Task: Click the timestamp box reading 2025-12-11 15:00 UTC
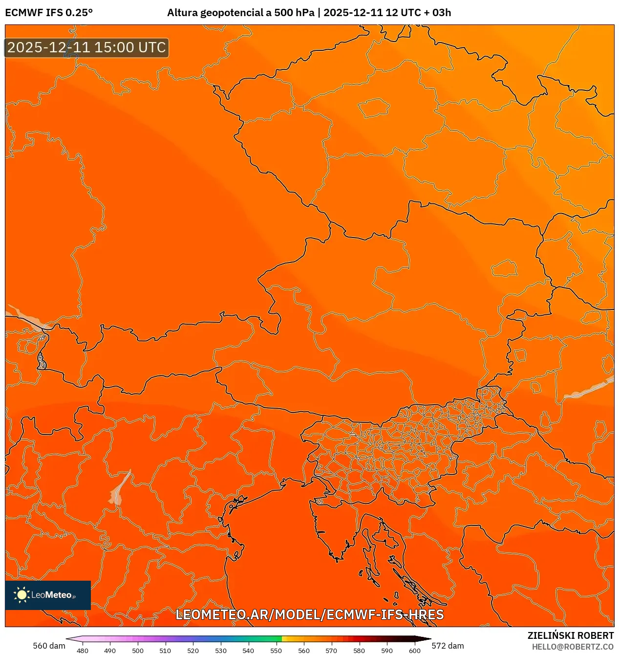[x=86, y=48]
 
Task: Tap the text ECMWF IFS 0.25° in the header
[x=49, y=13]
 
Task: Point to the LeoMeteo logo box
[x=48, y=595]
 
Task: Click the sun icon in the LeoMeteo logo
[x=21, y=594]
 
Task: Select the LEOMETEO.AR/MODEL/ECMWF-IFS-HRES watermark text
[x=309, y=614]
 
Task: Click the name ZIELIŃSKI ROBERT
[x=570, y=635]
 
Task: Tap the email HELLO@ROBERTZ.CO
[x=573, y=647]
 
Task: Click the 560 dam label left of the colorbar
[x=49, y=646]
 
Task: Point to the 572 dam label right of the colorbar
[x=448, y=646]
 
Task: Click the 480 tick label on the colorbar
[x=83, y=651]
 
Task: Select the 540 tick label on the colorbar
[x=248, y=651]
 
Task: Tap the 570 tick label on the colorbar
[x=331, y=651]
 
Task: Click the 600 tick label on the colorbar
[x=414, y=651]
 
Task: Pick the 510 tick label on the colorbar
[x=165, y=651]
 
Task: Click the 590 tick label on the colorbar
[x=386, y=651]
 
